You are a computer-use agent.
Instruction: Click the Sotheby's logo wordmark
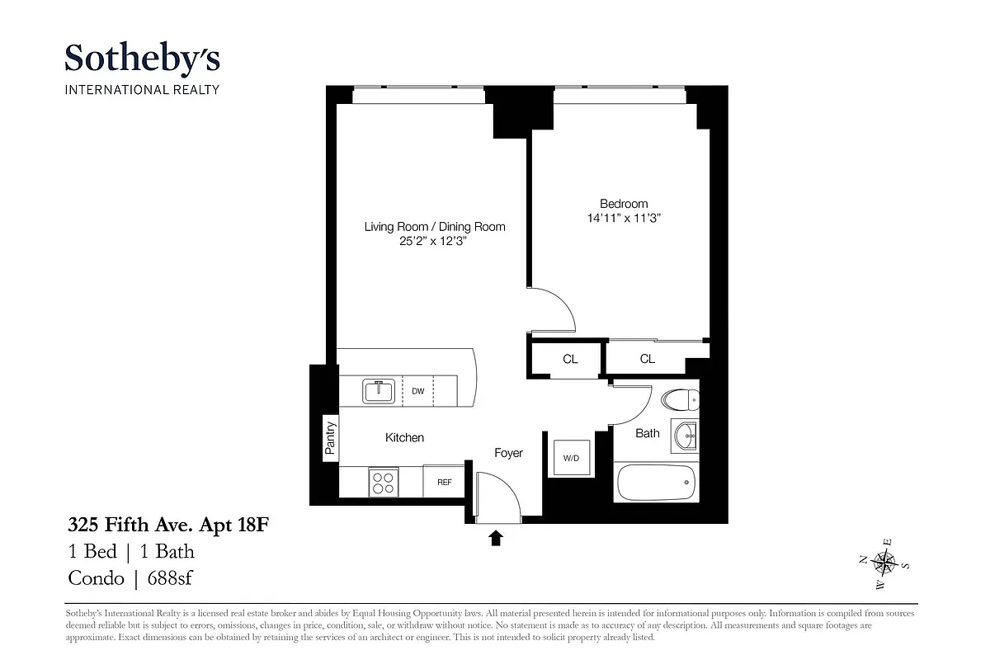pos(142,59)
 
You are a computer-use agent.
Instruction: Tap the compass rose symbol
pos(884,563)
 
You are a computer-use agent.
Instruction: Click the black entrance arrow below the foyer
pos(496,539)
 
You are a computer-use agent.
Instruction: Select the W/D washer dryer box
pos(571,456)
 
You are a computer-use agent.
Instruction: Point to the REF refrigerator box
pos(444,482)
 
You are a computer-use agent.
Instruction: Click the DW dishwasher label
pos(418,391)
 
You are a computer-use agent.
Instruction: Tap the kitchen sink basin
pos(379,390)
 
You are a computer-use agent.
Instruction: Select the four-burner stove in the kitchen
pos(383,481)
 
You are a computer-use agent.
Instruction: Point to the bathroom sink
pos(685,435)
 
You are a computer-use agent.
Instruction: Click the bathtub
pos(657,483)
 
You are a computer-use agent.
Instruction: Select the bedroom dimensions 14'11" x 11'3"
pos(624,219)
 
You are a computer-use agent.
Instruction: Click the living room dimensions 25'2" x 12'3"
pos(435,242)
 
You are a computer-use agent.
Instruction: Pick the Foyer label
pos(508,453)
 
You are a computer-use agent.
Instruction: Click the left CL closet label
pos(570,359)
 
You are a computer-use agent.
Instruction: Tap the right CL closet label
pos(648,359)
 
